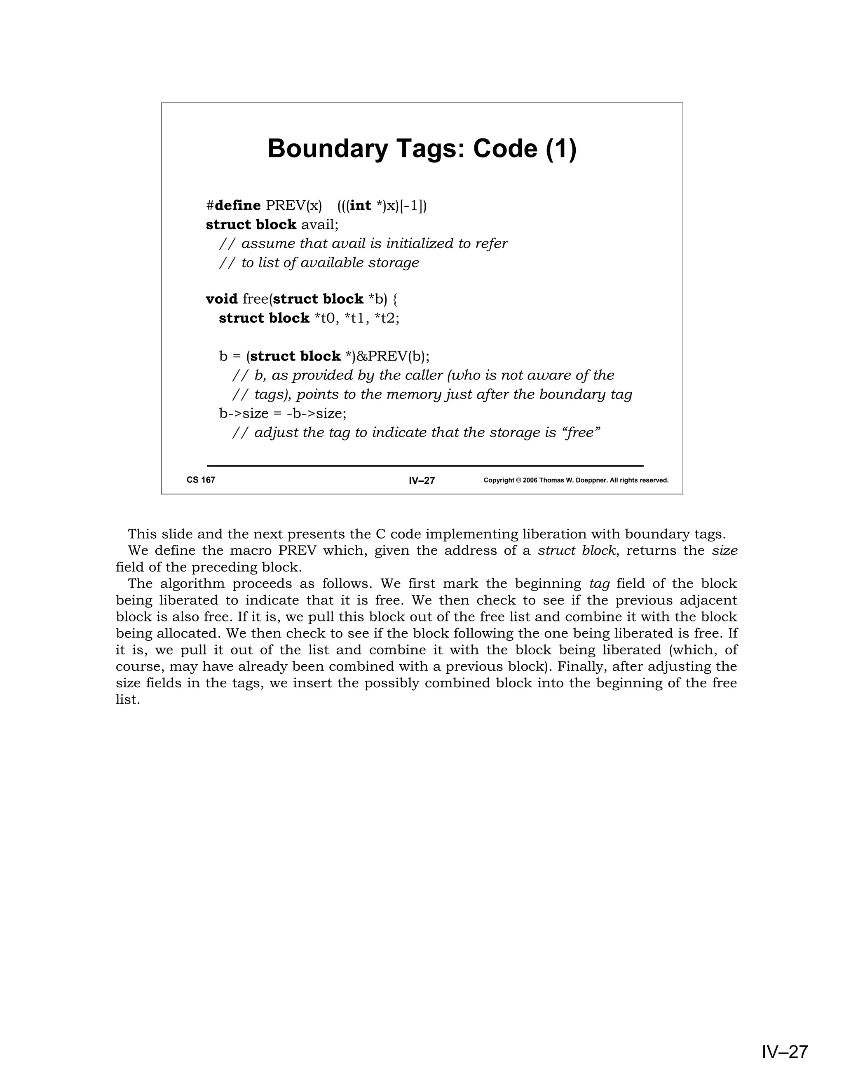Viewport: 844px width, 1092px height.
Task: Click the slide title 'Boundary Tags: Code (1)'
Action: click(422, 148)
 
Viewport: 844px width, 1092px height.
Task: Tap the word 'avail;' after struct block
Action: click(319, 225)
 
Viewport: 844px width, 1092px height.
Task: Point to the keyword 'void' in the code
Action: click(221, 299)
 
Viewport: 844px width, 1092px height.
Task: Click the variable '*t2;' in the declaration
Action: click(387, 319)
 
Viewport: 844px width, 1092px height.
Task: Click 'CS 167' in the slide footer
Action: click(201, 480)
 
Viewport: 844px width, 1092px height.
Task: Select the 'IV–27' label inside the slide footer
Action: click(422, 480)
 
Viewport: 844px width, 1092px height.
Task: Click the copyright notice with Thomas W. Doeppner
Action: click(576, 480)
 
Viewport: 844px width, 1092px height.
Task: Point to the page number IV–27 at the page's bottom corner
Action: click(785, 1052)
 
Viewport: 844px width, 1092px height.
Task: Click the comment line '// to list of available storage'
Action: click(319, 263)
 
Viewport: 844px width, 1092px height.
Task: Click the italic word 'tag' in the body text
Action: click(600, 584)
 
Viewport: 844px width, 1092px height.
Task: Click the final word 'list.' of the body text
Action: click(127, 700)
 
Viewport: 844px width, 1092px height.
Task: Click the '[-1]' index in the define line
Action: click(413, 206)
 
